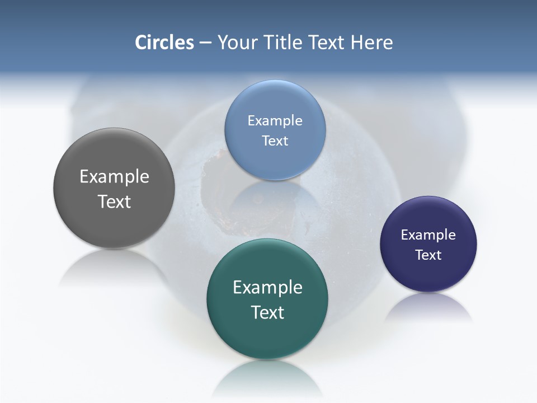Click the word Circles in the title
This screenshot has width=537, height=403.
[164, 43]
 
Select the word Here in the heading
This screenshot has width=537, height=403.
[371, 43]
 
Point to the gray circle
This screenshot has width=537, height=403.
[114, 218]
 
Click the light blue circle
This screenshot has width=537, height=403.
[275, 160]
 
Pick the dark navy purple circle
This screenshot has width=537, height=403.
[428, 274]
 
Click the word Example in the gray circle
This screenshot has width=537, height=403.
[114, 176]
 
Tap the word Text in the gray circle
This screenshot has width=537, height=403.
[114, 201]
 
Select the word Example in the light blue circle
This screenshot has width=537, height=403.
[275, 120]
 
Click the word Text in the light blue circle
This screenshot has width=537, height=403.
[275, 140]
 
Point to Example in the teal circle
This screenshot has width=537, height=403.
[267, 287]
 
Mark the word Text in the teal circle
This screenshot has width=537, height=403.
[267, 312]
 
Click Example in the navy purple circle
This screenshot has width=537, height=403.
[428, 235]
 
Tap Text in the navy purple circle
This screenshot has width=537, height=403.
[428, 255]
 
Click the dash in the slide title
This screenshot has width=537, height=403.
[205, 43]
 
